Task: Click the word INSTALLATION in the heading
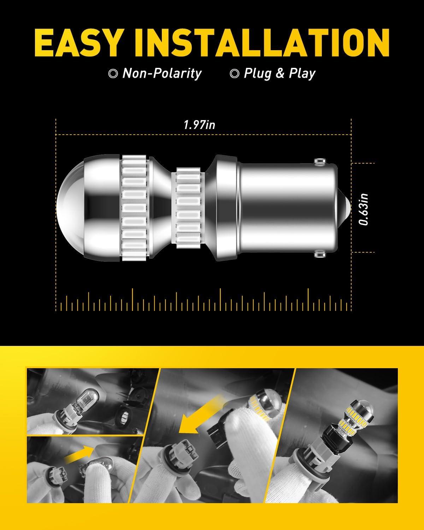(x=261, y=42)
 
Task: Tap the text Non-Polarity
(x=162, y=73)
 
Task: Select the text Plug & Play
(x=279, y=73)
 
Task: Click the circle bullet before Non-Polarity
(x=113, y=73)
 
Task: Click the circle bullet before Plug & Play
(x=234, y=73)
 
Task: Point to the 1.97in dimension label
(x=200, y=125)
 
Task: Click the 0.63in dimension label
(x=364, y=209)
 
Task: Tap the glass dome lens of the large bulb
(x=70, y=208)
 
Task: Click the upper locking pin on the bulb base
(x=320, y=161)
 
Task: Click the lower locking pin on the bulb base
(x=320, y=254)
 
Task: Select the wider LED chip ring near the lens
(x=134, y=208)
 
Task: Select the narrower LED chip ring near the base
(x=189, y=208)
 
